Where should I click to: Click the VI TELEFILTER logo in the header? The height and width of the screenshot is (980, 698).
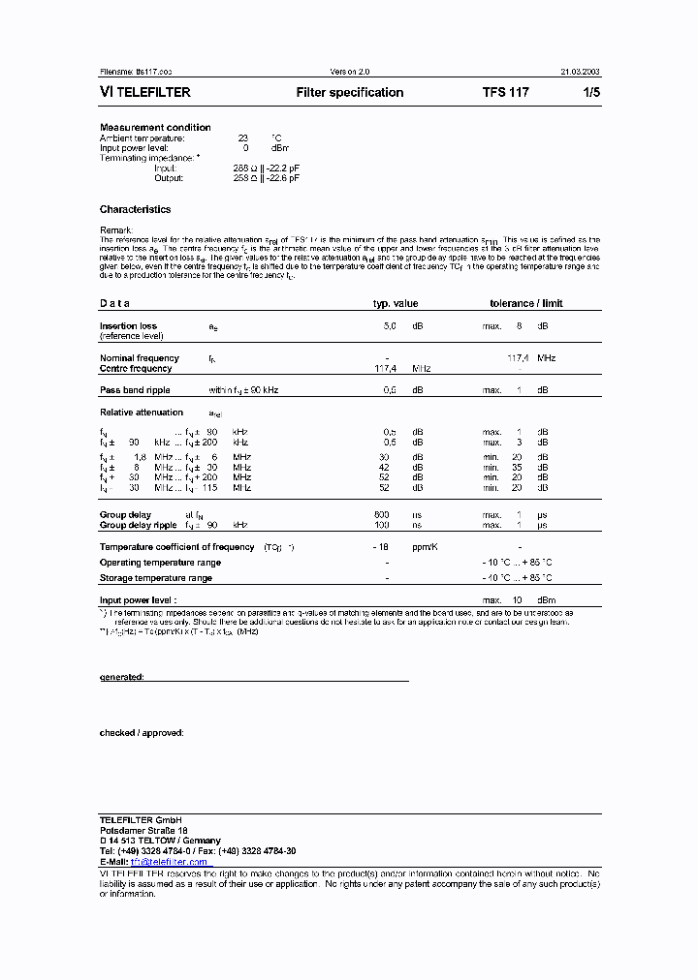145,93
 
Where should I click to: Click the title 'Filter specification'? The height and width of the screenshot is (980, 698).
350,93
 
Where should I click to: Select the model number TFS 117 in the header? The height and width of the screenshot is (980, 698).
506,93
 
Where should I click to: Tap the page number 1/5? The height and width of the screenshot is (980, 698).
590,93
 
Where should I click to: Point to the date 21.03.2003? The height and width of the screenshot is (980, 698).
580,72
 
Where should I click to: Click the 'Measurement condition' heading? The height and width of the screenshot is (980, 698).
155,128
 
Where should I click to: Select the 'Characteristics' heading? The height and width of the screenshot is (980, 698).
135,209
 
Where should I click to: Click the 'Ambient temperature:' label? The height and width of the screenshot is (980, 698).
142,138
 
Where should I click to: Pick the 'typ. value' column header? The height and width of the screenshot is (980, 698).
396,303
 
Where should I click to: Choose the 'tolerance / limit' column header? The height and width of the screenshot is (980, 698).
525,303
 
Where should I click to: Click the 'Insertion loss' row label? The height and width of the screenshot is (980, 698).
128,326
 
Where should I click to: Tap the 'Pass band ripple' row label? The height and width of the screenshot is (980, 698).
135,390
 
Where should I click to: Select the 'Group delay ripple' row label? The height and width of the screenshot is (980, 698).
139,525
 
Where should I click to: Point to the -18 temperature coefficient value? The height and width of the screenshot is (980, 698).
384,547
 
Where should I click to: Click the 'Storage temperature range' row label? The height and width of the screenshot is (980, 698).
155,578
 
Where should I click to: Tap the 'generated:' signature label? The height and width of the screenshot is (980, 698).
122,677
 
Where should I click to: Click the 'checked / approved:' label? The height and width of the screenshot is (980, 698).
142,733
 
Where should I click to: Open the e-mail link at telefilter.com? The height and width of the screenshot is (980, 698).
170,861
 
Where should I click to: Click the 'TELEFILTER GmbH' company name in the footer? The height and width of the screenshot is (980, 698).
135,820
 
